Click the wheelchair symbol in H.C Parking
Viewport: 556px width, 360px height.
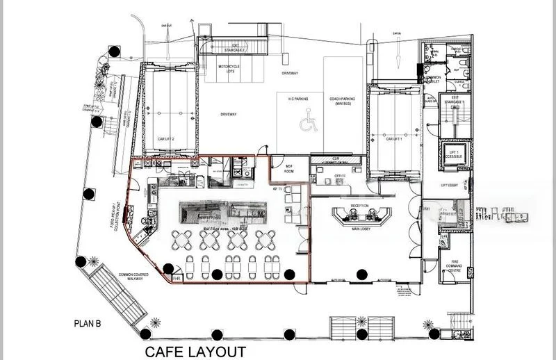point(305,123)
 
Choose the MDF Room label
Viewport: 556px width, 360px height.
point(281,169)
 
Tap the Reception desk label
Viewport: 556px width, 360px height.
point(359,206)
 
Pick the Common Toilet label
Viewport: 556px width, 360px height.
point(434,79)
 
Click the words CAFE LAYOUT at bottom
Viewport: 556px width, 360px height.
point(195,351)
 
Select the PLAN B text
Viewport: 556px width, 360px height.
point(89,323)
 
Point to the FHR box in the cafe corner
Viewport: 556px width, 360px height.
point(178,279)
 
